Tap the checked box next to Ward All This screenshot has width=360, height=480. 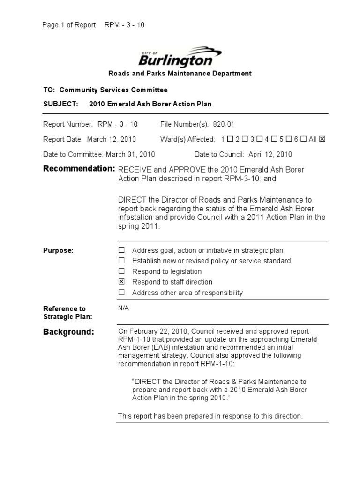tap(322, 139)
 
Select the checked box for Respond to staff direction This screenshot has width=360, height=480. tap(121, 282)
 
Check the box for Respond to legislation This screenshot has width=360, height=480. tap(121, 271)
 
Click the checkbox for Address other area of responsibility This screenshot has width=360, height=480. tap(121, 292)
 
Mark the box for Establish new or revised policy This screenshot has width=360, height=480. tap(121, 261)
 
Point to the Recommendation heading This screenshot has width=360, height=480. tap(79, 169)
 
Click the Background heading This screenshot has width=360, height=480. tap(69, 332)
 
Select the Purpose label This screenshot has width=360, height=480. tap(58, 250)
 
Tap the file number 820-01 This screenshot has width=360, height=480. tap(224, 124)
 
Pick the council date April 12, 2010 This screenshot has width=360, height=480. tap(270, 154)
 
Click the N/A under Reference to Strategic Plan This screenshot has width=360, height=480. tap(124, 307)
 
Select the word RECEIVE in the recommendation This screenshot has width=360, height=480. tap(134, 169)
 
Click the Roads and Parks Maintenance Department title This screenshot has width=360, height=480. tap(180, 74)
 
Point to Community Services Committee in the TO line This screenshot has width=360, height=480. tap(113, 90)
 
